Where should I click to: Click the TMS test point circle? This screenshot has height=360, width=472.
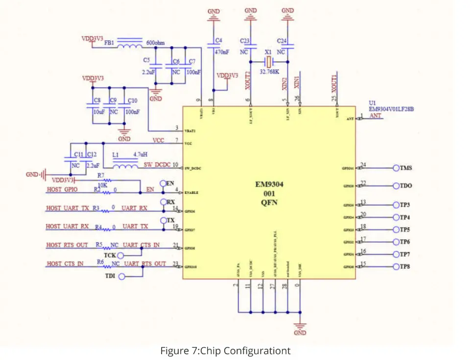tap(396, 168)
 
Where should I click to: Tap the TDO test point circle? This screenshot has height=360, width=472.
tap(396, 186)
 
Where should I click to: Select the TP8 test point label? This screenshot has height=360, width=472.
tap(405, 267)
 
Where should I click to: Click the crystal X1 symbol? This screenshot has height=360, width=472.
tap(268, 62)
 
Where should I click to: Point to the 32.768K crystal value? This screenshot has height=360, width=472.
tap(269, 71)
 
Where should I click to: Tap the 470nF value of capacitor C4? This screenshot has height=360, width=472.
tap(222, 52)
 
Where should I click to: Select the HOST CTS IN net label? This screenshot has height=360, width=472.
tap(65, 264)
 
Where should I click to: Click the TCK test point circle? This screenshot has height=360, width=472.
tap(121, 255)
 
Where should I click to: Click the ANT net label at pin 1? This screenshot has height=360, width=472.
tap(375, 116)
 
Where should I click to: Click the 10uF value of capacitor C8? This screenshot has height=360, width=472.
tap(98, 112)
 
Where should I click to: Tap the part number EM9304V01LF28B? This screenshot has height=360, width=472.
tap(391, 109)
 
